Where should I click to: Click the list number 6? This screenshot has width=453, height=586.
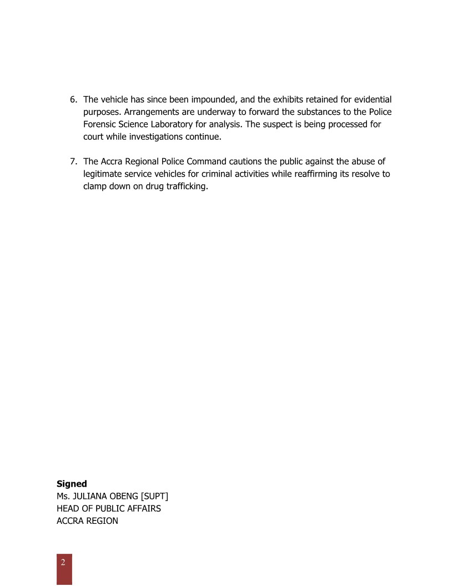(x=73, y=100)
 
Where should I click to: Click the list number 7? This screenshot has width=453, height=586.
(x=73, y=161)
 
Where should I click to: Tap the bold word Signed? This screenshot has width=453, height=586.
(x=72, y=484)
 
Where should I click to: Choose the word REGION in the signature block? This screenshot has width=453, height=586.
(x=102, y=521)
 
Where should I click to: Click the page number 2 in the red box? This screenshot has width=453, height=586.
(x=63, y=562)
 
